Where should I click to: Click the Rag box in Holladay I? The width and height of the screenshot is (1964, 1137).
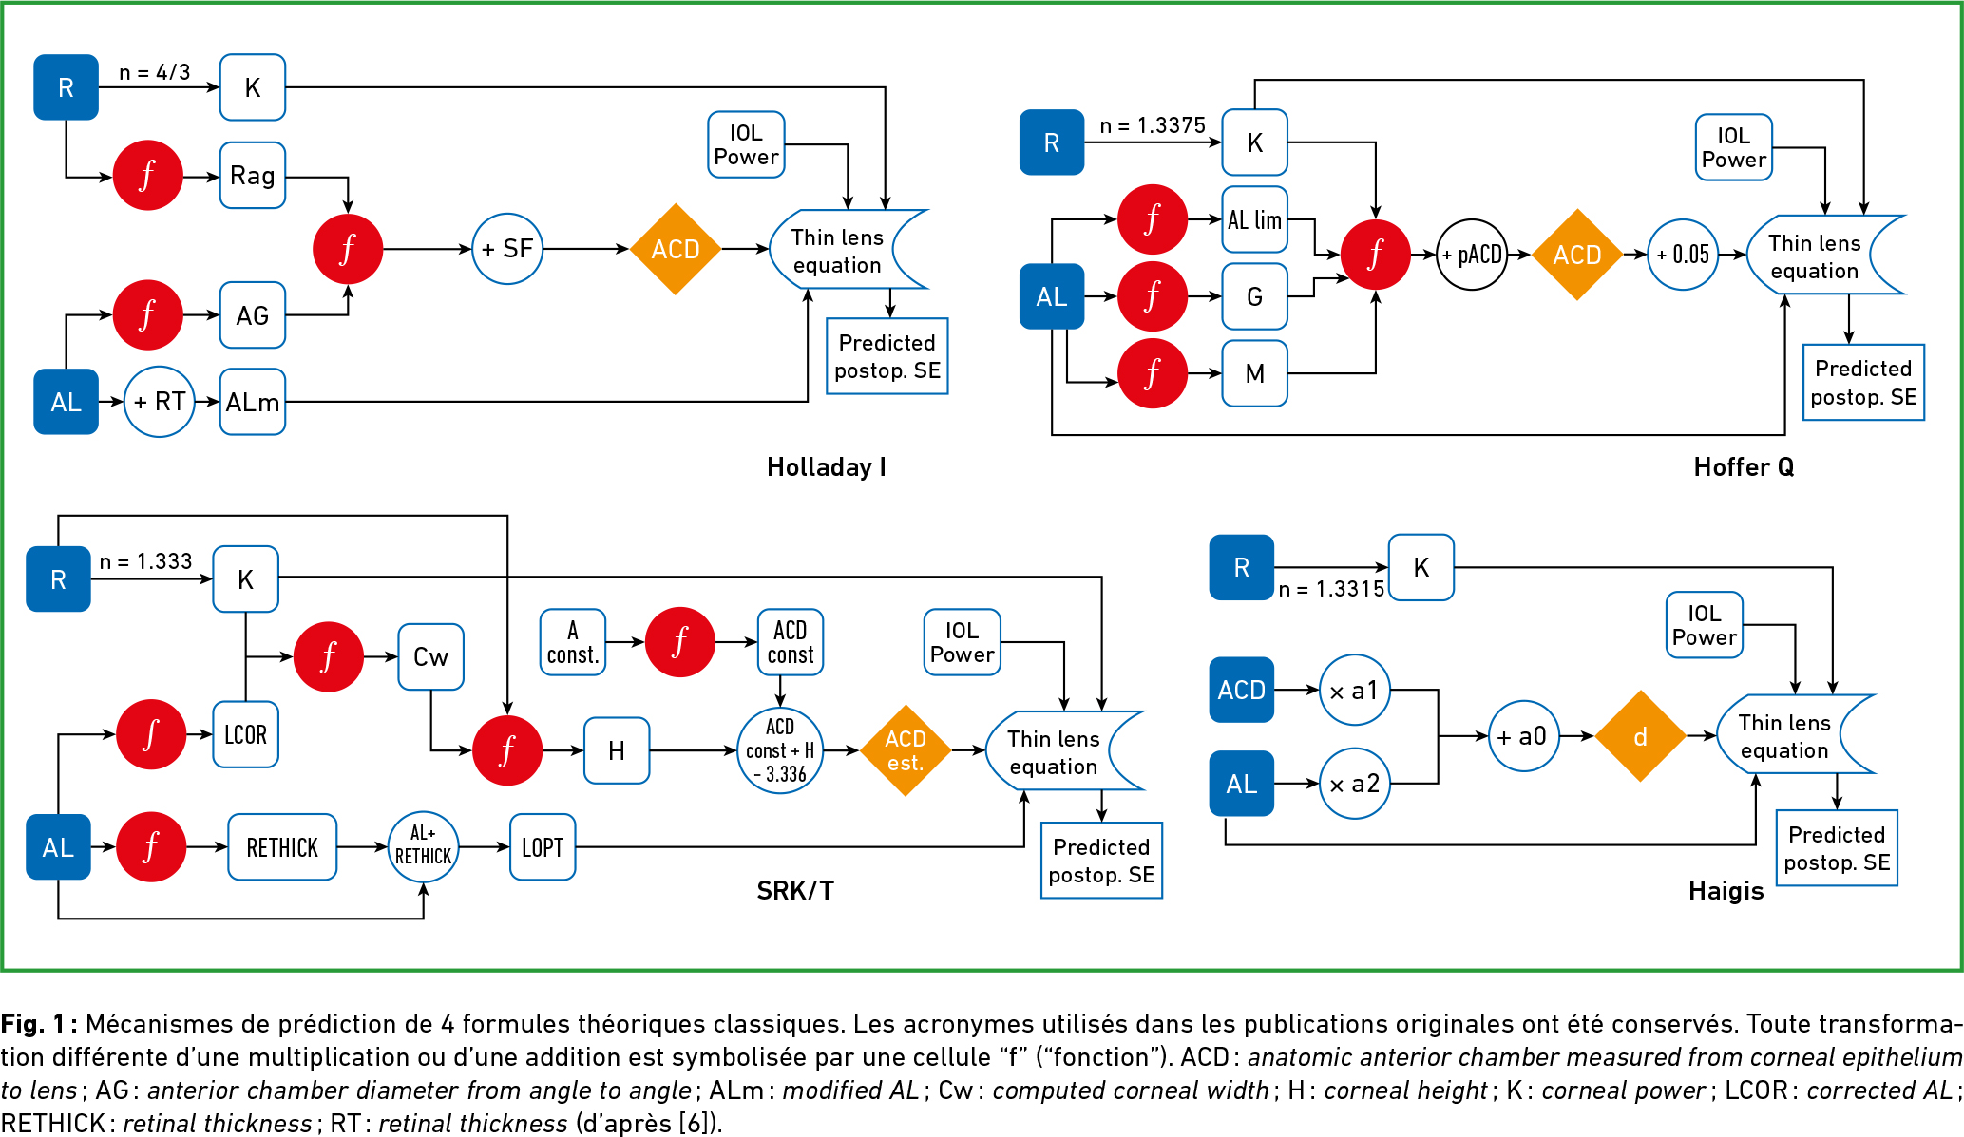pyautogui.click(x=252, y=176)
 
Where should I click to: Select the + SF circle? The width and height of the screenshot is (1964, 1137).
pyautogui.click(x=506, y=249)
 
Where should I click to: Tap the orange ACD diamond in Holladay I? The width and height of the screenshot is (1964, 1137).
pyautogui.click(x=675, y=249)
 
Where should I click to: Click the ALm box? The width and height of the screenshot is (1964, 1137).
pyautogui.click(x=252, y=402)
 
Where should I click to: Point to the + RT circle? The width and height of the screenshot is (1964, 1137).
pyautogui.click(x=159, y=402)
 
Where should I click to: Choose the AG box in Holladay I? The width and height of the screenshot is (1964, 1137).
pyautogui.click(x=252, y=315)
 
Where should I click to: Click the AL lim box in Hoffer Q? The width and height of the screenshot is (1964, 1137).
pyautogui.click(x=1254, y=219)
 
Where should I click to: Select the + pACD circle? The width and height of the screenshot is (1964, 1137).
pyautogui.click(x=1471, y=255)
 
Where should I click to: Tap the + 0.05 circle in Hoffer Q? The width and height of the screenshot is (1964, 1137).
pyautogui.click(x=1682, y=255)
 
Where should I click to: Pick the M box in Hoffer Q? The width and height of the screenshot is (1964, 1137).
pyautogui.click(x=1254, y=373)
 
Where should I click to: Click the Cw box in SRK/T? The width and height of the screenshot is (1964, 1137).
pyautogui.click(x=430, y=656)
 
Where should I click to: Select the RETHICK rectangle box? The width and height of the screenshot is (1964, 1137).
pyautogui.click(x=282, y=847)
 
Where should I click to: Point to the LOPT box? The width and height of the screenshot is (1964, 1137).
pyautogui.click(x=543, y=847)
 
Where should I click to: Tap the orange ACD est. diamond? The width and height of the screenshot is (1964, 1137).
pyautogui.click(x=905, y=750)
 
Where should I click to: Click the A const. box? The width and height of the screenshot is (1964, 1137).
pyautogui.click(x=572, y=642)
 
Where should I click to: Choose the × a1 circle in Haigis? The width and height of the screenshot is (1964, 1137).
pyautogui.click(x=1354, y=691)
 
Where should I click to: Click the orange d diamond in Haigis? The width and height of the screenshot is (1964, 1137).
pyautogui.click(x=1640, y=736)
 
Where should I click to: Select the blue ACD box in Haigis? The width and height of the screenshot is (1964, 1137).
pyautogui.click(x=1241, y=690)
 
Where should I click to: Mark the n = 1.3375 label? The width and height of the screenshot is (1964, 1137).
pyautogui.click(x=1152, y=125)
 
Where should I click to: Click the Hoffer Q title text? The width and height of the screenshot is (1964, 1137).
pyautogui.click(x=1744, y=467)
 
